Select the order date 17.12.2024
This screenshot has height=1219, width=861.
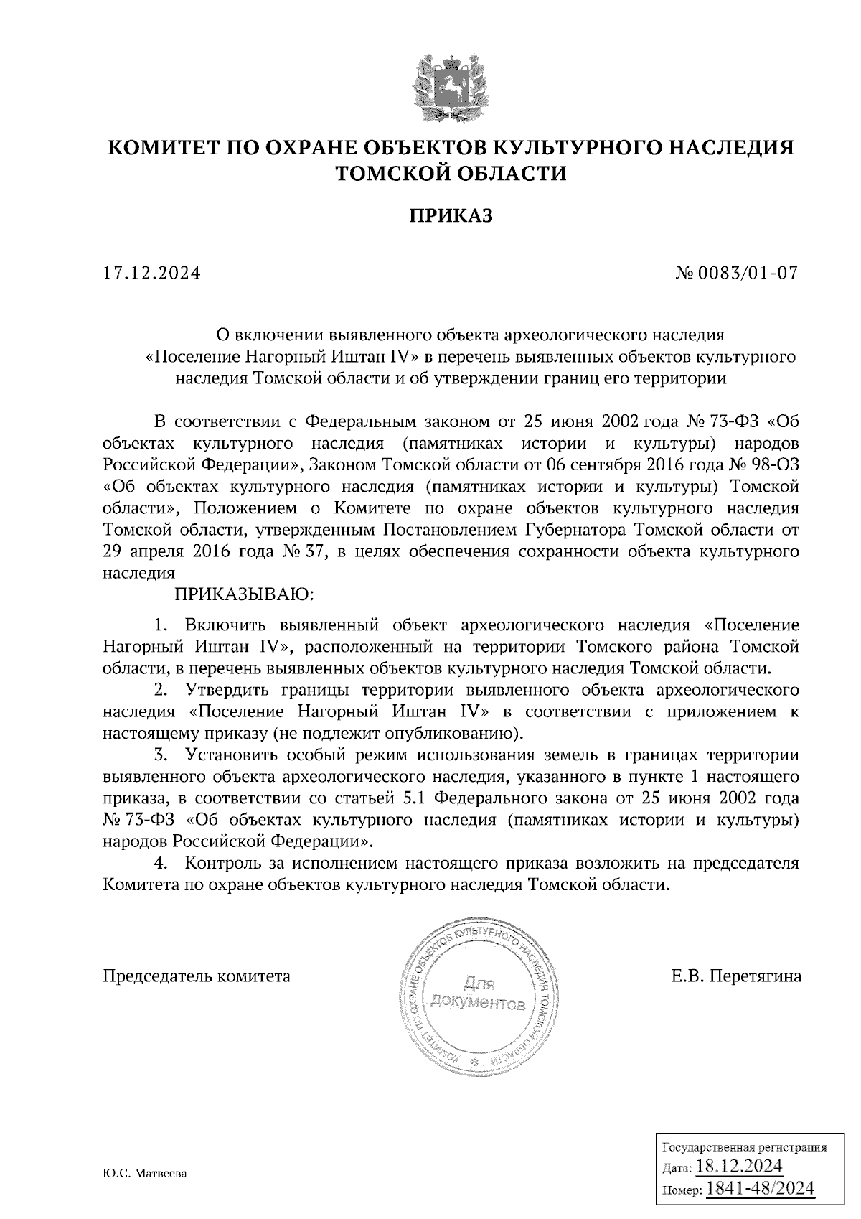click(x=151, y=274)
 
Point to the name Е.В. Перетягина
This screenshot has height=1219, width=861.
click(x=736, y=976)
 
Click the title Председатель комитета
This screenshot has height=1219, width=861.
click(x=197, y=976)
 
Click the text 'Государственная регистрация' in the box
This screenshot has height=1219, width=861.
click(x=743, y=1147)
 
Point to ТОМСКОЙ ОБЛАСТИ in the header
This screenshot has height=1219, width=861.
click(x=451, y=174)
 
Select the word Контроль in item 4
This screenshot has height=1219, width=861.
click(x=220, y=862)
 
